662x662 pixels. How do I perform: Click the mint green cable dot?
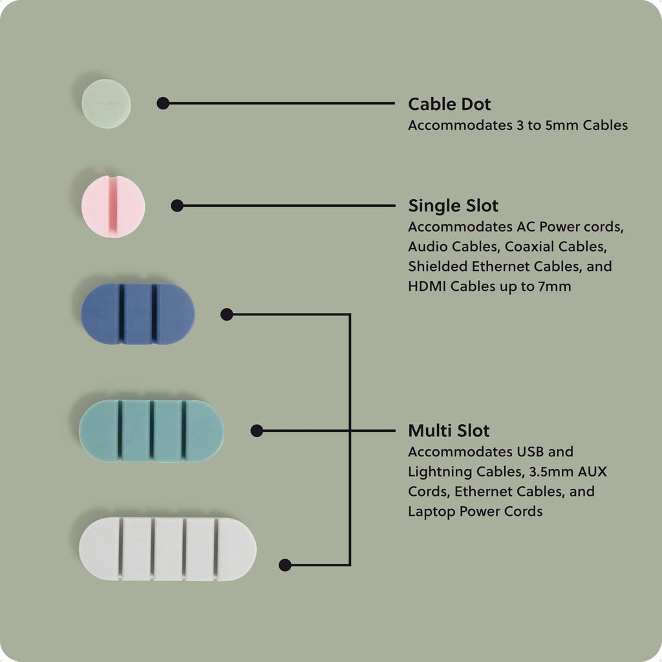point(106,103)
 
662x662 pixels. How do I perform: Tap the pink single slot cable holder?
point(113,206)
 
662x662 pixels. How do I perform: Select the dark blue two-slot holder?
point(138,314)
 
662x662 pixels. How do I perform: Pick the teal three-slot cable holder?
point(151,431)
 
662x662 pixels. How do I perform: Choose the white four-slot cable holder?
point(167,549)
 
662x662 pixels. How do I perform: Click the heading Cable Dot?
point(449,104)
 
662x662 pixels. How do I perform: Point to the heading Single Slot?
point(453,206)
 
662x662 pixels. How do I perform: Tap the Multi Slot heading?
point(449,431)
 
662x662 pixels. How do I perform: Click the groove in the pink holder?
point(113,206)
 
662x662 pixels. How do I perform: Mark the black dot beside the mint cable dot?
point(163,103)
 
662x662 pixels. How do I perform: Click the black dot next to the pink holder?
point(177,206)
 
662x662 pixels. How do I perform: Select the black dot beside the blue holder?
point(227,314)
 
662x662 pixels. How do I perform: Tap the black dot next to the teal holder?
point(257,431)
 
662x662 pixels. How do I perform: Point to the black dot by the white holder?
point(285,565)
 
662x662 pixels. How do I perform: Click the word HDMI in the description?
point(427,286)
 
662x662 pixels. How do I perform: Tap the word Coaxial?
point(531,246)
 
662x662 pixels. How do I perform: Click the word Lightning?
point(440,472)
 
